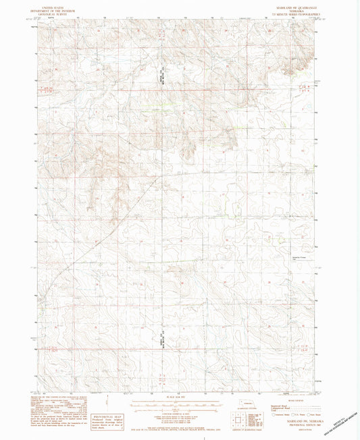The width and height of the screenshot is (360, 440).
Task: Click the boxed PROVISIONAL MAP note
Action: [102, 406]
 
